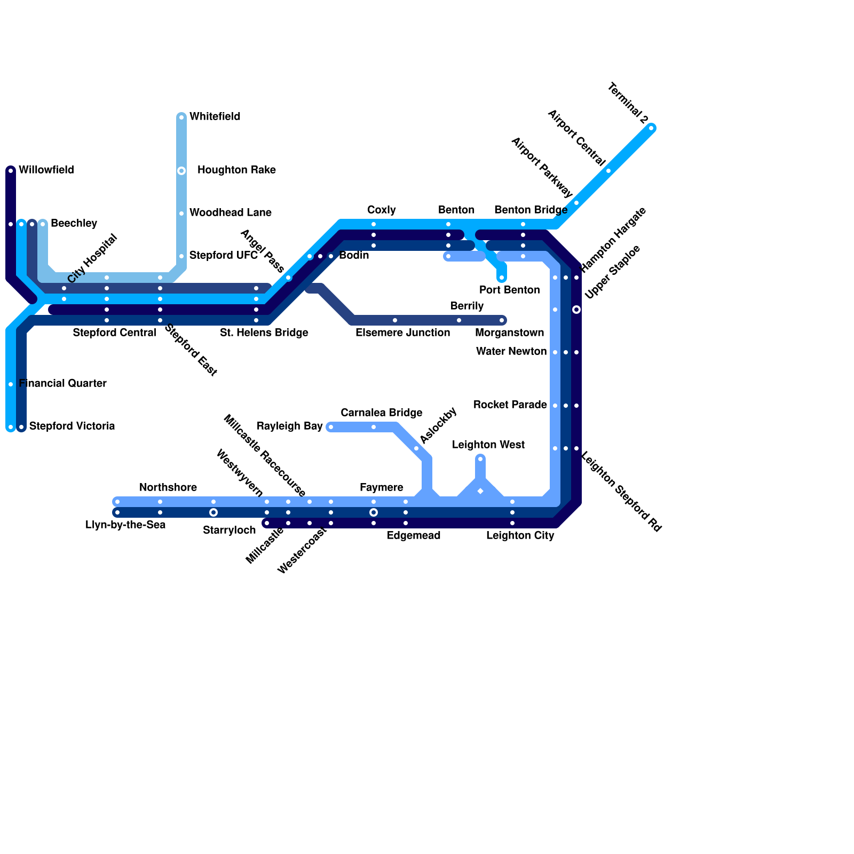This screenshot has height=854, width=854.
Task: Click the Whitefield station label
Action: [215, 116]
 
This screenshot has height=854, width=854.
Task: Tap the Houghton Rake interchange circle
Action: [181, 171]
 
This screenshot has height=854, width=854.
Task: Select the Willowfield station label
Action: [46, 170]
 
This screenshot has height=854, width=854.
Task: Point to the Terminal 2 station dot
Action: [651, 128]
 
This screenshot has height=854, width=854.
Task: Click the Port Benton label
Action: [509, 290]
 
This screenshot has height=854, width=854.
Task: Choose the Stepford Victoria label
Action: [72, 426]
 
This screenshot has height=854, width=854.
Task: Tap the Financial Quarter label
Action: [62, 383]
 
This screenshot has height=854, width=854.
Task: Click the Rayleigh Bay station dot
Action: [331, 427]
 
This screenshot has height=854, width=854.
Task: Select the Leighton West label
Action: [488, 445]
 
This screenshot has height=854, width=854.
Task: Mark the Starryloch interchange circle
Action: [213, 512]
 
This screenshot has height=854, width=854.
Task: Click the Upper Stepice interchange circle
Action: [576, 310]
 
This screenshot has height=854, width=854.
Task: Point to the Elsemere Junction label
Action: [402, 333]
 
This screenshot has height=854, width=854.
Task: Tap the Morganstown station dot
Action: [502, 320]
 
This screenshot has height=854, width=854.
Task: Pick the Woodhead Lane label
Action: [230, 212]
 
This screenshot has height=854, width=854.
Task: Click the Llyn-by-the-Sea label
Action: [125, 525]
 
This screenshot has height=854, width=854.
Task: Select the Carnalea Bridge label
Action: [381, 413]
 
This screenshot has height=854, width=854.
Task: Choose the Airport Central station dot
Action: [608, 171]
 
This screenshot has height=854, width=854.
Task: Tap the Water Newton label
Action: [511, 351]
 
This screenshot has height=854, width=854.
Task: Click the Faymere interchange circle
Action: [374, 512]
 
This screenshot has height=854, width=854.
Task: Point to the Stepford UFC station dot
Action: [181, 256]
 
